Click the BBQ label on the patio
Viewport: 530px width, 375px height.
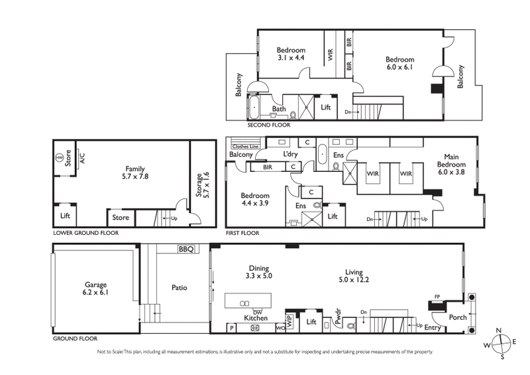pos(185,250)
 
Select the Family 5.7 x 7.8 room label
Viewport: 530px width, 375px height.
pos(135,173)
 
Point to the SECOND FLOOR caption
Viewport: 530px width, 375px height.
pos(268,125)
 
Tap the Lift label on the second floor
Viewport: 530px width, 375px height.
pos(325,106)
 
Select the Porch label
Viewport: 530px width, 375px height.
pos(458,317)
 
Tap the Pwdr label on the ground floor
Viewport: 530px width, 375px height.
pos(337,313)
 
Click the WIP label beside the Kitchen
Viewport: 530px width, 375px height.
pos(290,316)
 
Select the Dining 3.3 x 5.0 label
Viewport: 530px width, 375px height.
pos(259,271)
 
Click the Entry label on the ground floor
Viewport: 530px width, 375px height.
pos(432,327)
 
